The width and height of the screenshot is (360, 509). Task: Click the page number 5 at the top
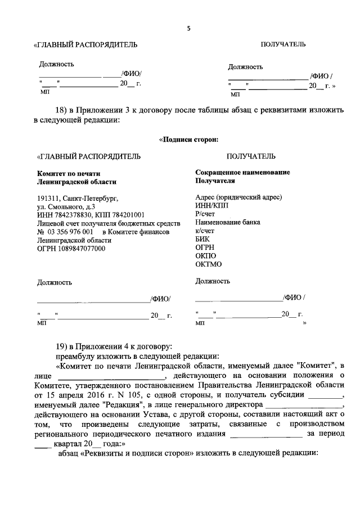point(189,29)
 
